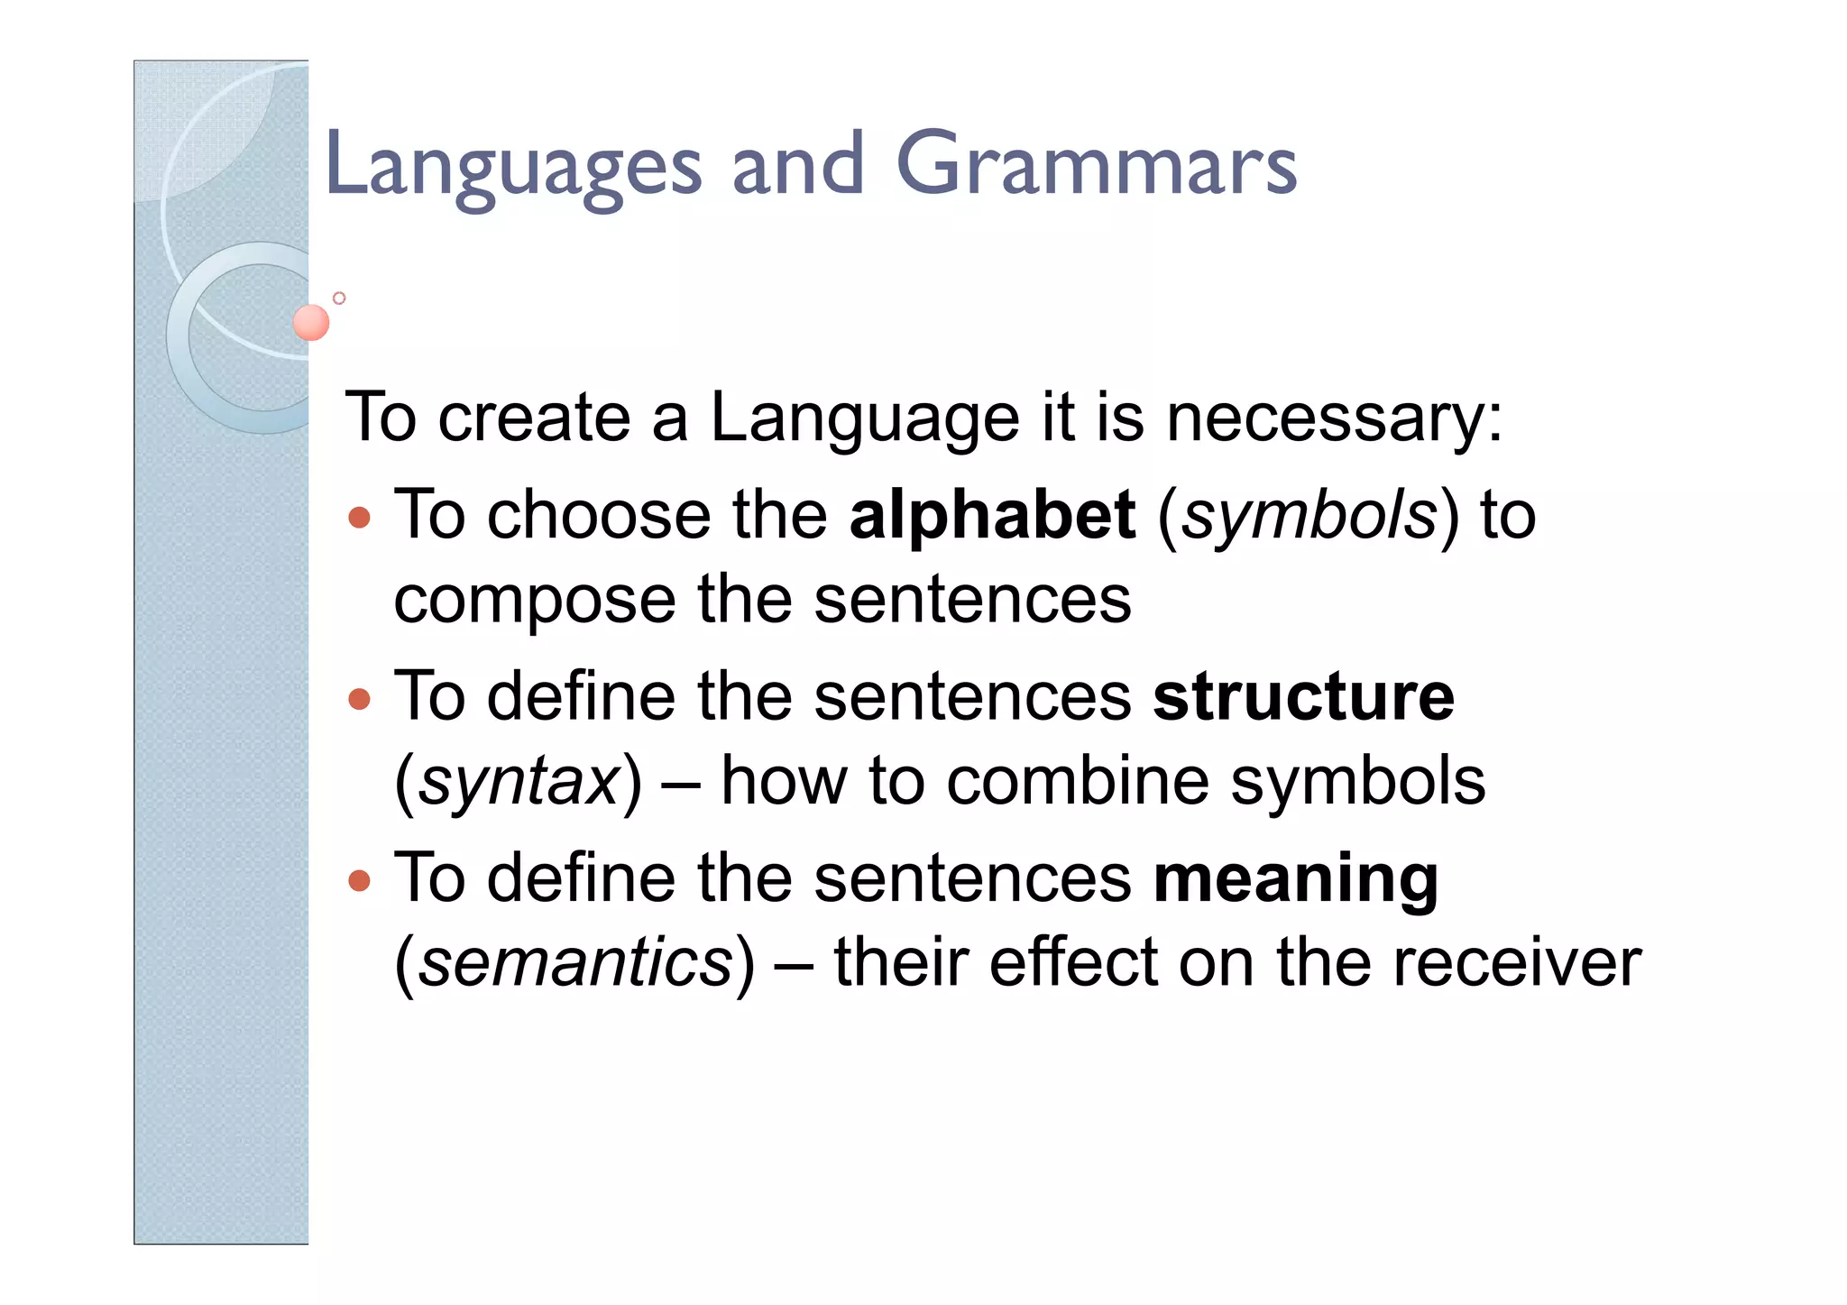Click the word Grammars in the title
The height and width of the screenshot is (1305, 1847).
1096,165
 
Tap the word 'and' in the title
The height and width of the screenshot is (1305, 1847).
798,165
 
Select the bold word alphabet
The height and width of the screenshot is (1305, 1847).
992,516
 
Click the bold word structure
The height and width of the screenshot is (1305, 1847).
1303,697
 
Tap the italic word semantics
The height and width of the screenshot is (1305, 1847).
575,963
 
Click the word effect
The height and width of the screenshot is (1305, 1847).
1072,962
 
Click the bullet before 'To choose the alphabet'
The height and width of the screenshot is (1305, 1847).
359,518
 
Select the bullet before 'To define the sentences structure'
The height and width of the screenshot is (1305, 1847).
359,699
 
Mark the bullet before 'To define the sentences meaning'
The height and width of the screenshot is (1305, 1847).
359,880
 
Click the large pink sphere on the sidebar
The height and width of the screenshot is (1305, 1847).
311,322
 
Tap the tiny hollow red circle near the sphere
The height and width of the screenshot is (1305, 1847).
339,298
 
